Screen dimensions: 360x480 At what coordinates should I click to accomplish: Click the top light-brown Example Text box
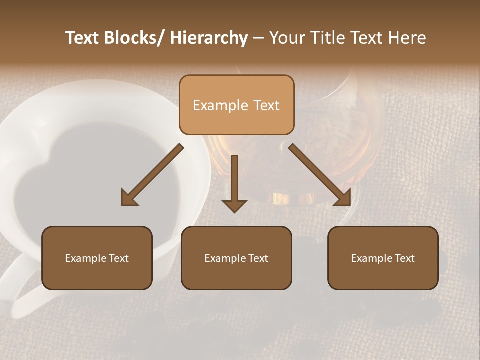point(236,105)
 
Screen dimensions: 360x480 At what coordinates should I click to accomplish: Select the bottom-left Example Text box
point(97,258)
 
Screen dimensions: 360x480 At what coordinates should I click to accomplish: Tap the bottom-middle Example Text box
point(236,258)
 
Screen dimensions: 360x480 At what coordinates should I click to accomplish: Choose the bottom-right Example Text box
point(383,258)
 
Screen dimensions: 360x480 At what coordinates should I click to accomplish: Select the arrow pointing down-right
point(320,175)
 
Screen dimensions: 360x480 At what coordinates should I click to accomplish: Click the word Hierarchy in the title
point(209,38)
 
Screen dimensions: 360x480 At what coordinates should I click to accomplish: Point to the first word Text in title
point(83,38)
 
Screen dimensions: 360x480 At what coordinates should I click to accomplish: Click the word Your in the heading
point(286,38)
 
